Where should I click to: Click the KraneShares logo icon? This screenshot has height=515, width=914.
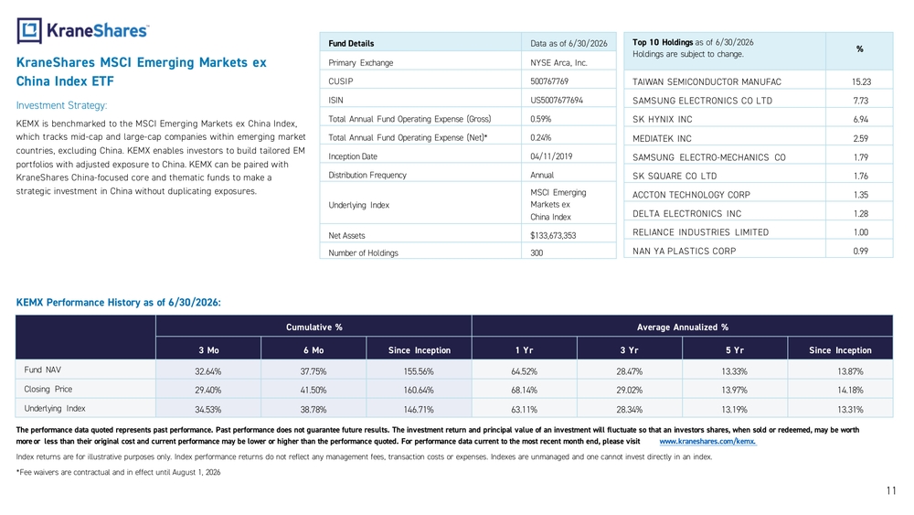tap(29, 30)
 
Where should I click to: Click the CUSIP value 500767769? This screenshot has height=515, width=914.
tap(549, 81)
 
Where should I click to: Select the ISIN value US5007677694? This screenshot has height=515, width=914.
tap(556, 100)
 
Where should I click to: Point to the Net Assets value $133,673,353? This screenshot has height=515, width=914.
tap(553, 236)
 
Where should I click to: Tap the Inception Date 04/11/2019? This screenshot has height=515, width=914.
tap(551, 156)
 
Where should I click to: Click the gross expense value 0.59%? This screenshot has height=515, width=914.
tap(540, 119)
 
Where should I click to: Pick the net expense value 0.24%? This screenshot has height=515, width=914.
tap(540, 137)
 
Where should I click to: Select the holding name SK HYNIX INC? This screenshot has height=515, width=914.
tap(662, 120)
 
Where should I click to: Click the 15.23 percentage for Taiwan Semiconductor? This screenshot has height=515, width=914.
tap(861, 82)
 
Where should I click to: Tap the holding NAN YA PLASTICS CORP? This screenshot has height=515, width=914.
tap(684, 252)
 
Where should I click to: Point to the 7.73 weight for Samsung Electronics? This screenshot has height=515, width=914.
tap(861, 101)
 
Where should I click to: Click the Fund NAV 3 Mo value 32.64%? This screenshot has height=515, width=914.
tap(208, 371)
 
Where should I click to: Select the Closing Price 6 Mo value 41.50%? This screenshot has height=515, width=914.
tap(313, 391)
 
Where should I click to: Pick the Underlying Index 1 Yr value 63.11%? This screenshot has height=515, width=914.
tap(524, 410)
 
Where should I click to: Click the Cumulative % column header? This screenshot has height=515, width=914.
tap(314, 327)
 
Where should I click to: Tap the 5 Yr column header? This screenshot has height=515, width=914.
tap(735, 350)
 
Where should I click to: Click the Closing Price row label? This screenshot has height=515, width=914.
tap(48, 389)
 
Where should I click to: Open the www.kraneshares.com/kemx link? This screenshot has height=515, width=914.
tap(707, 442)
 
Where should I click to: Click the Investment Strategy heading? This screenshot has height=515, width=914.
tap(62, 105)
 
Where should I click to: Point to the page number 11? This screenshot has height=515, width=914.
tap(890, 490)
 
